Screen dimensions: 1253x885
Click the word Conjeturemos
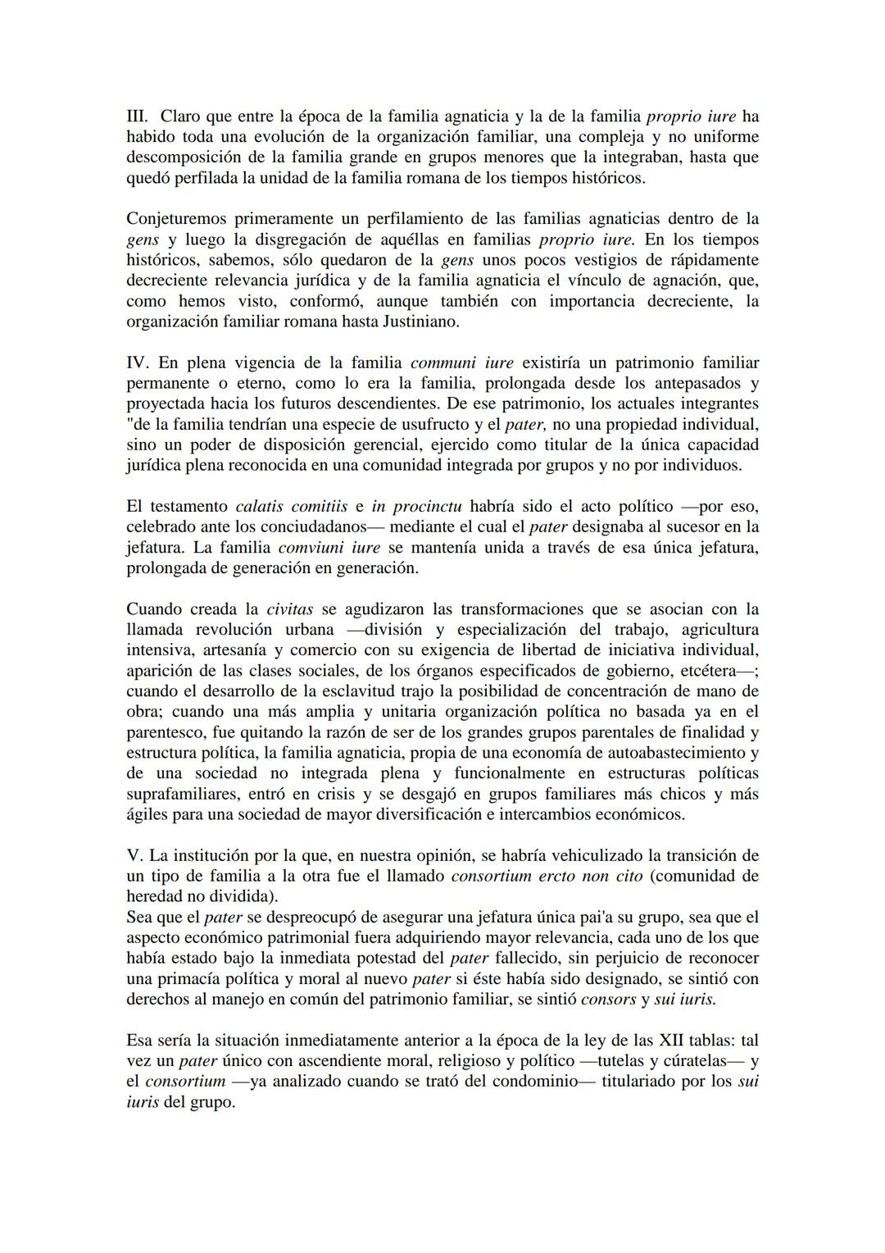click(175, 219)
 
